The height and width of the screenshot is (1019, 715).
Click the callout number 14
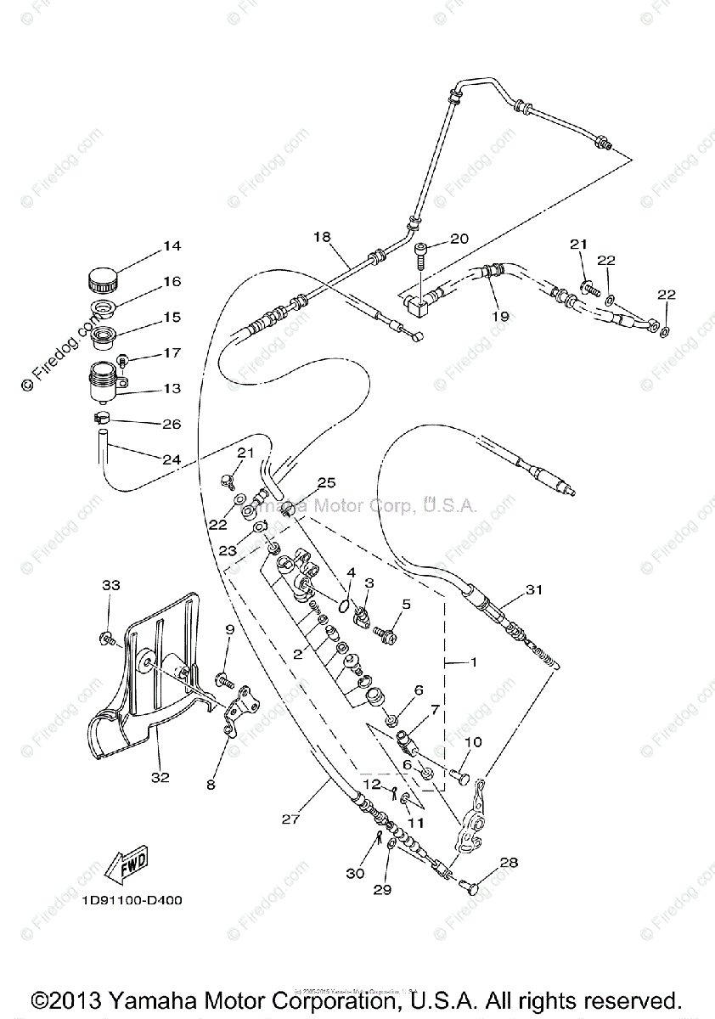172,246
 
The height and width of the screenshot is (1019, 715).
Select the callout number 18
321,238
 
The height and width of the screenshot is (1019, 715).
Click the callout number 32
160,776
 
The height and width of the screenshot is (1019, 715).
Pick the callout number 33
112,585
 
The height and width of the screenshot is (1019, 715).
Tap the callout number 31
532,589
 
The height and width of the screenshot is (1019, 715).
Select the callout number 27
291,819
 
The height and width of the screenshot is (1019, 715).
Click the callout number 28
508,863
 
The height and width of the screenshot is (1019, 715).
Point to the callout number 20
459,239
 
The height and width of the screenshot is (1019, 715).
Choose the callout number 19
500,316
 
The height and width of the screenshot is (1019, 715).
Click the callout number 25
327,483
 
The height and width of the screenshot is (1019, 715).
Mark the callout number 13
172,388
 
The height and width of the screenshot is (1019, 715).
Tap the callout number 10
473,741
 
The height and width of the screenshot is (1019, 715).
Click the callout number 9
228,629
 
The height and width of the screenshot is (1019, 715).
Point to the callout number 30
354,873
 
